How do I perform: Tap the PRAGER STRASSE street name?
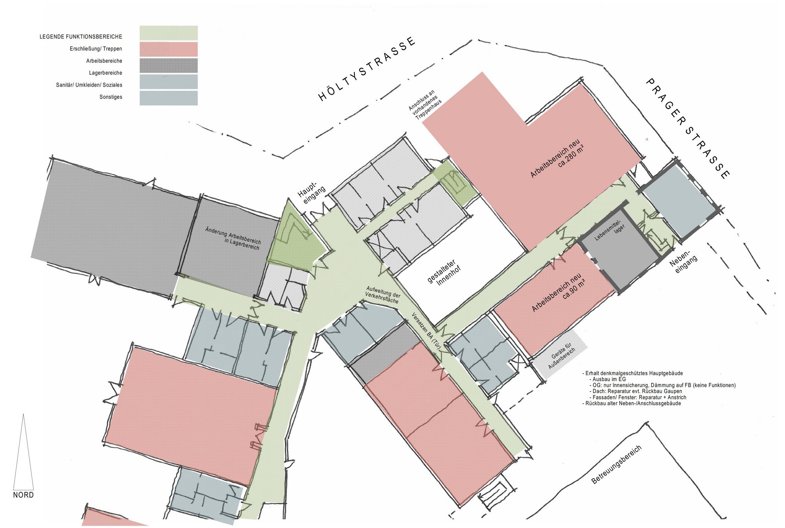688,128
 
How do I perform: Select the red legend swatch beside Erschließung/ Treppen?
169,49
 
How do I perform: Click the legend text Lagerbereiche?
106,73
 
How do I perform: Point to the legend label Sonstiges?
111,97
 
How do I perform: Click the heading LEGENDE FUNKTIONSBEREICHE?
81,37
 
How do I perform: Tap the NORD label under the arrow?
24,495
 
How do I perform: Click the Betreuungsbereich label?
616,464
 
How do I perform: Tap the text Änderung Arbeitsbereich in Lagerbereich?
233,238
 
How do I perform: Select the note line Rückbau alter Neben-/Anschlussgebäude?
632,403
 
